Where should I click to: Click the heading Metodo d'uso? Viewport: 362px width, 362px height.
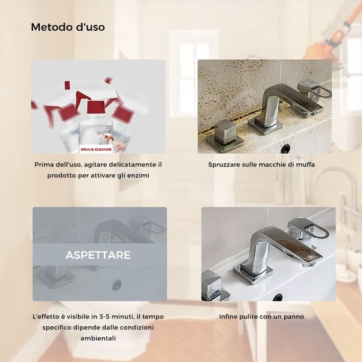(x=68, y=27)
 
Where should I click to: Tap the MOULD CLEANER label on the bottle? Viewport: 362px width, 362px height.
(x=96, y=150)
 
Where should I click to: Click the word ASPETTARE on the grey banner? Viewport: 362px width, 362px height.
(x=98, y=255)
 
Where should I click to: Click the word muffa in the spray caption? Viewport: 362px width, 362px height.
(x=305, y=165)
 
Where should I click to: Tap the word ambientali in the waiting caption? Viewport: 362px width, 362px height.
(x=98, y=338)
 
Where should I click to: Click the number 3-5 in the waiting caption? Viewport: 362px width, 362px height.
(x=104, y=317)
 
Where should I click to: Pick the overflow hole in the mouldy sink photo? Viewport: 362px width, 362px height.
(x=286, y=148)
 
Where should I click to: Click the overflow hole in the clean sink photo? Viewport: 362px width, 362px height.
(x=278, y=297)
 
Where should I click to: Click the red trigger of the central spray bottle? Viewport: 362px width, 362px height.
(x=97, y=107)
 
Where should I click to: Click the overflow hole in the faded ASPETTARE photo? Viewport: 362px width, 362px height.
(x=117, y=285)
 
